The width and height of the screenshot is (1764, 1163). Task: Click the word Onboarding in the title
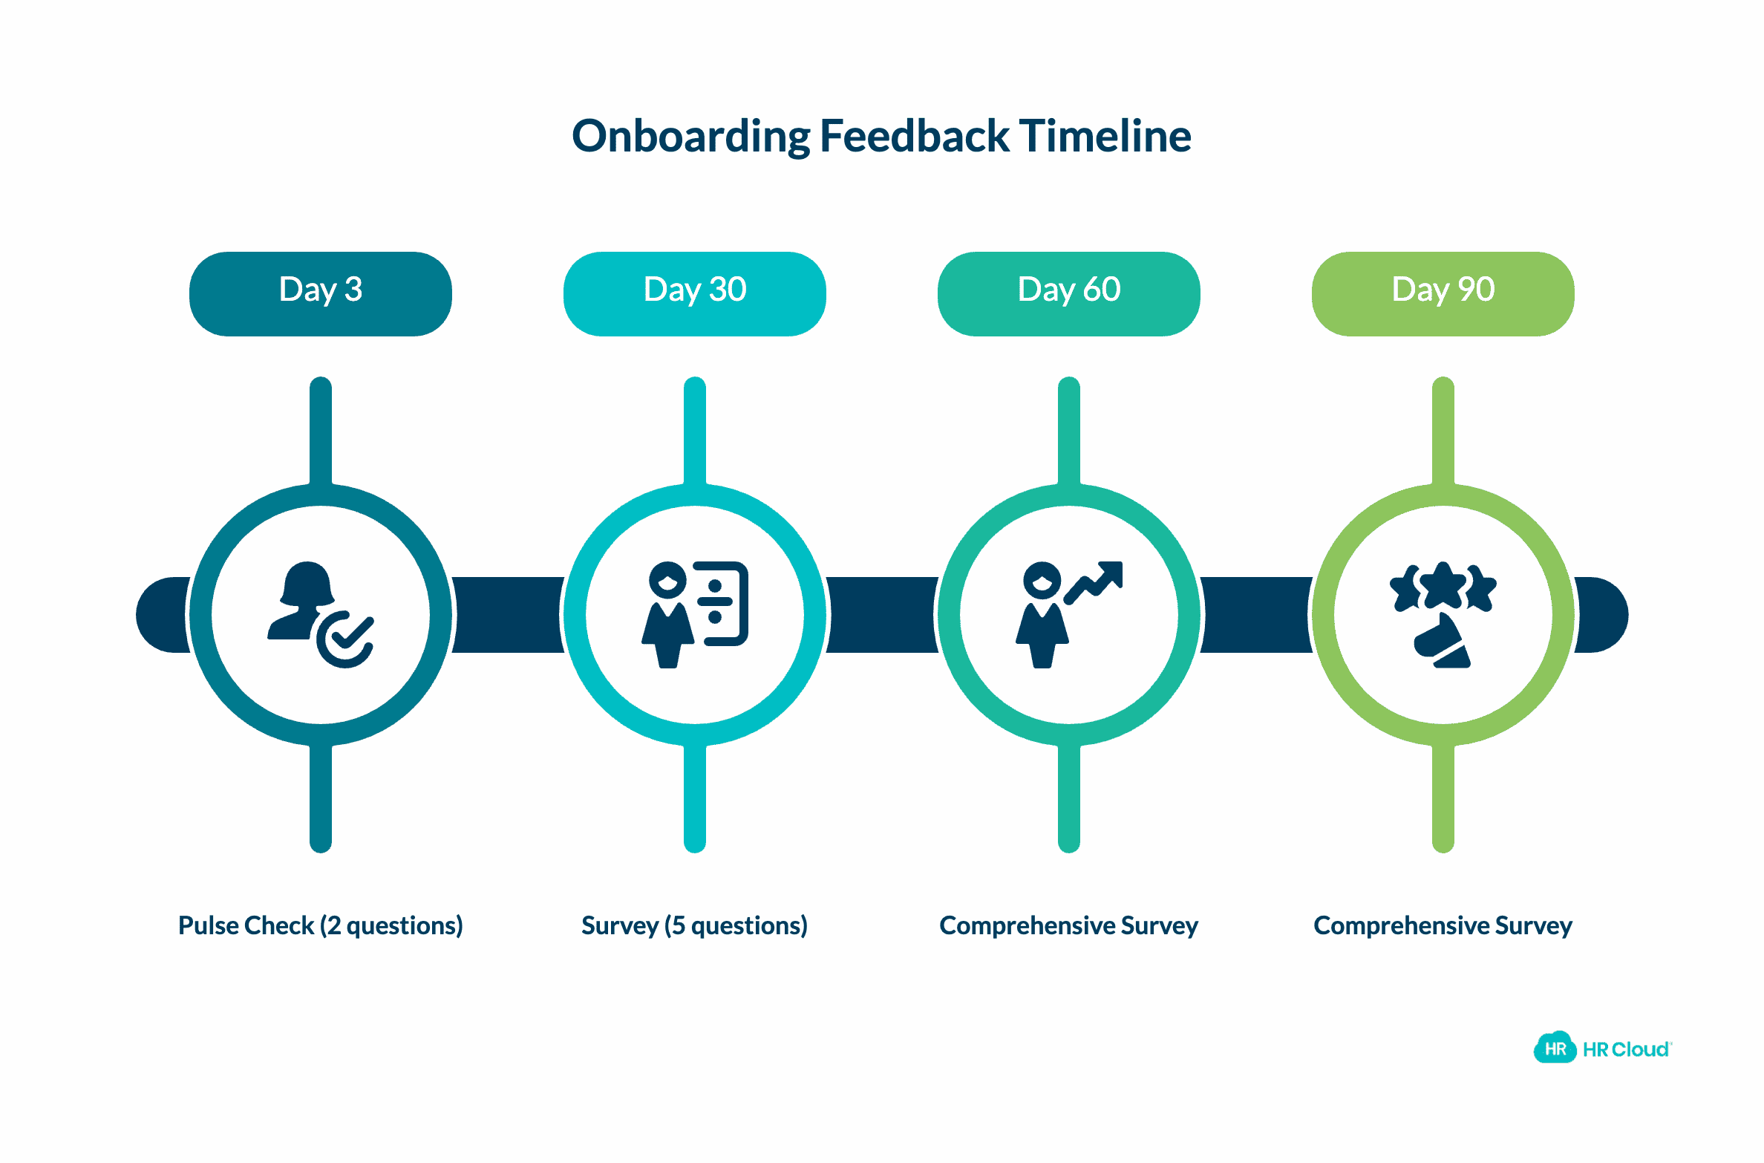(690, 137)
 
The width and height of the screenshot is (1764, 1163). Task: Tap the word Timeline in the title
(1105, 137)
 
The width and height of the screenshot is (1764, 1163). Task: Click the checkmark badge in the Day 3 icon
(346, 639)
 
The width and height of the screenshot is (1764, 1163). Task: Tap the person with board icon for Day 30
(694, 614)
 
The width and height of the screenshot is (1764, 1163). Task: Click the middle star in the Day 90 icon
(1443, 585)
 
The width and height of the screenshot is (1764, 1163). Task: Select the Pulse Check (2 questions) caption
(320, 925)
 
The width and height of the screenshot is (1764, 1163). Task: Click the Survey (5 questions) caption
(694, 925)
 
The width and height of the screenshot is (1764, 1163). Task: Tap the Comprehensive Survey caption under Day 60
(1068, 925)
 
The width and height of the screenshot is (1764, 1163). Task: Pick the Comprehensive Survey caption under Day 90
(1443, 925)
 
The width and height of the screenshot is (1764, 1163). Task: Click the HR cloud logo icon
(1555, 1048)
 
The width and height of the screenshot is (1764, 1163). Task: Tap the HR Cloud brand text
(1626, 1049)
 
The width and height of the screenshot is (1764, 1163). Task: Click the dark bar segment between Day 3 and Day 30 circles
(508, 614)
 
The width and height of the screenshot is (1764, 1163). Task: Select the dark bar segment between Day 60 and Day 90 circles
(1256, 614)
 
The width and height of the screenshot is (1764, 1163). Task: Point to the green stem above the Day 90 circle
(1443, 431)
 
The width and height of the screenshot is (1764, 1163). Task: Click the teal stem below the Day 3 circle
(320, 798)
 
